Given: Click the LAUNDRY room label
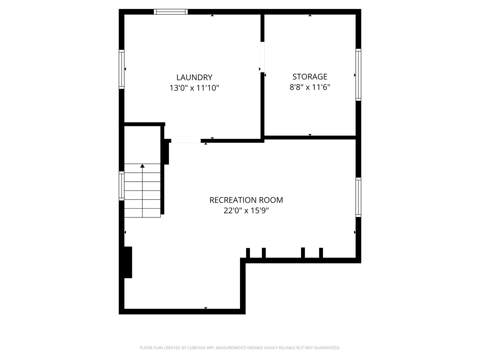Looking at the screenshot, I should pos(194,77).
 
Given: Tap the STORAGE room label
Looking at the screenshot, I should pos(310,77).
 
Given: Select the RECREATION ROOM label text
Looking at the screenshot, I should pos(246,200).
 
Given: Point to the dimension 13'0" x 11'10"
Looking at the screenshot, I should pos(194,88).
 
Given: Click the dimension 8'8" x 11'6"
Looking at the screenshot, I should pos(310,87).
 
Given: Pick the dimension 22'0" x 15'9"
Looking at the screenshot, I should pos(246,211).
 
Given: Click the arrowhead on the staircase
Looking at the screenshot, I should pos(142,166).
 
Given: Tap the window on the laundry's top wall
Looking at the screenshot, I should pos(171,12).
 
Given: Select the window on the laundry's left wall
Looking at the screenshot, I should pos(122,69).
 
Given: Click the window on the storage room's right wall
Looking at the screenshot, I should pos(358,75).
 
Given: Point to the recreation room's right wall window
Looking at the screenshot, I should pos(358,197).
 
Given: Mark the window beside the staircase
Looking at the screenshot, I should pos(122,186).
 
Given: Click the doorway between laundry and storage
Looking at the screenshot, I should pos(262,57).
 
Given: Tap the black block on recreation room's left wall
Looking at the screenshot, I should pos(128,262).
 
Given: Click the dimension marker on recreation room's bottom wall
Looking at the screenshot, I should pos(206,308).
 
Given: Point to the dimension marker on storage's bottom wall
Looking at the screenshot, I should pos(310,135).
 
